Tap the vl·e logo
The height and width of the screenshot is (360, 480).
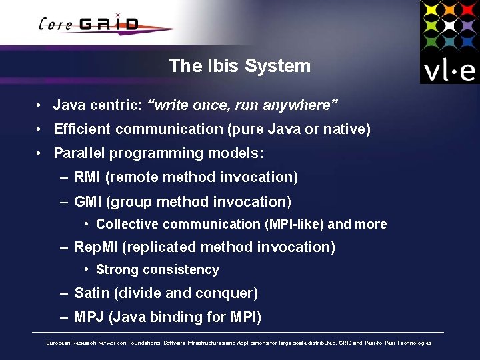pos(449,42)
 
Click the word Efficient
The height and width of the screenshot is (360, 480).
pos(79,129)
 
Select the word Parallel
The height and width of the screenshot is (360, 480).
pos(79,153)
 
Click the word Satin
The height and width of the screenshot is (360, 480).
pos(91,293)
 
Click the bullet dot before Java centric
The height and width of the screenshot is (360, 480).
pos(41,105)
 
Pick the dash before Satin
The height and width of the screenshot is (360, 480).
pos(63,293)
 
